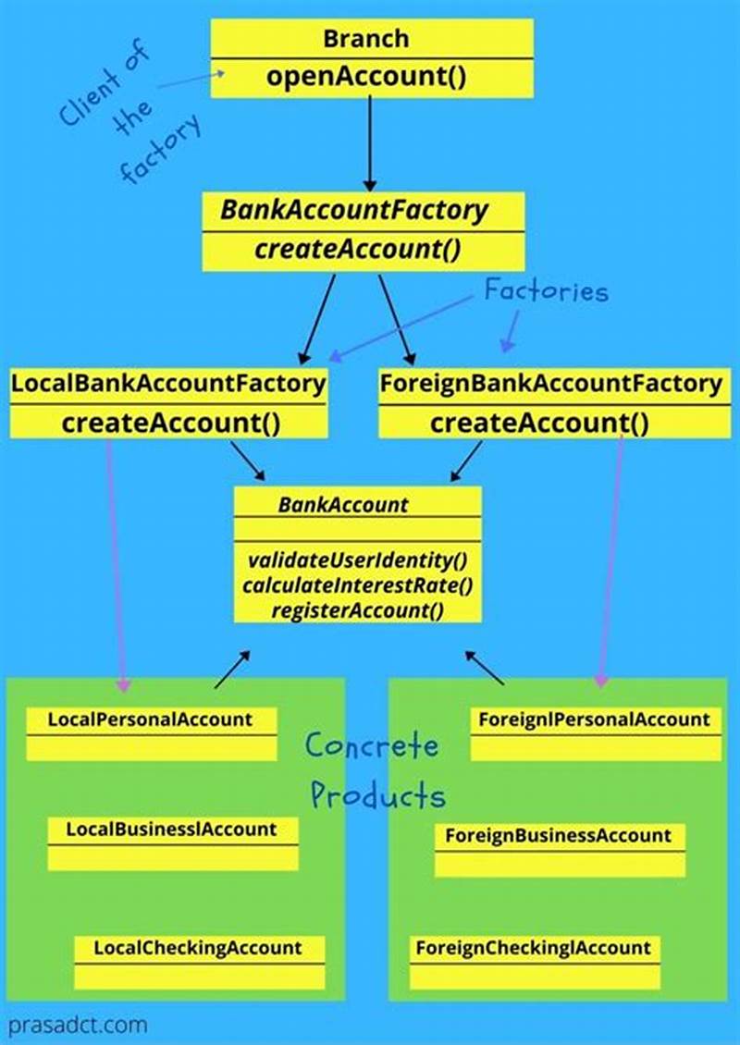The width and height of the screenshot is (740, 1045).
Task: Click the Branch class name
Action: tap(366, 39)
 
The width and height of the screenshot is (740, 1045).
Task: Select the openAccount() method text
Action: tap(366, 76)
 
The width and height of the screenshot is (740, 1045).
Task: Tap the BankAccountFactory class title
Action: tap(353, 211)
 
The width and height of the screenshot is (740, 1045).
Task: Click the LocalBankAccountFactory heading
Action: tap(168, 383)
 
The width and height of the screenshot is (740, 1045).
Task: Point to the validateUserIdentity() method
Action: tap(357, 560)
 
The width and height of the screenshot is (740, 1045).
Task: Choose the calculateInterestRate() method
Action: tap(357, 585)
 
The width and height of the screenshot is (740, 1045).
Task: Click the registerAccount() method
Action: tap(357, 610)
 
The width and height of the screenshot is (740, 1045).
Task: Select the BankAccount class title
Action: tap(342, 505)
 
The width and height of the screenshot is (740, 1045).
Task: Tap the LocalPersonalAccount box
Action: tap(151, 732)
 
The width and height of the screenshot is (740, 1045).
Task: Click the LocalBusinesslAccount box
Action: tap(172, 842)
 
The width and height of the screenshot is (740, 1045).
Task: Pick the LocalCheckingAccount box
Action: tap(199, 961)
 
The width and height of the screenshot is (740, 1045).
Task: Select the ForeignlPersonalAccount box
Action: tap(594, 732)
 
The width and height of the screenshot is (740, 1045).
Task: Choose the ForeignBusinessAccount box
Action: tap(559, 849)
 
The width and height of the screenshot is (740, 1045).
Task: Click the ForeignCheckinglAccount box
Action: tap(534, 961)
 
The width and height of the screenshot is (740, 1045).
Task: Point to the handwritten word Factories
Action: tap(547, 292)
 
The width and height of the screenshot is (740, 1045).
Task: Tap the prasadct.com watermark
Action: tap(78, 1026)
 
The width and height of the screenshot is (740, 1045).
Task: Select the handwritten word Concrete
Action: tap(372, 745)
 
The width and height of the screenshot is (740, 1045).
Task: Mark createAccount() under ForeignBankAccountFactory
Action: tap(539, 424)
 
